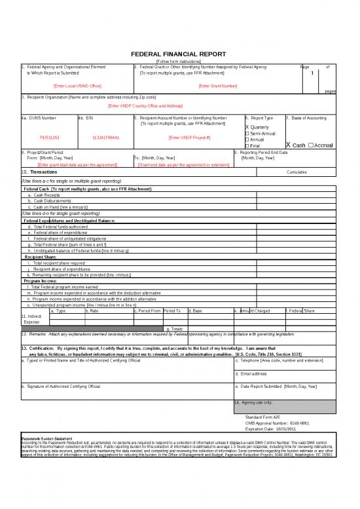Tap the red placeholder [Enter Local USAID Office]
coord(77,86)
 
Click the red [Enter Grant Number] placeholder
coord(218,86)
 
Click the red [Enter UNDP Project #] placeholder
coord(189,138)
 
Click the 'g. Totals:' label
coord(175,328)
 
